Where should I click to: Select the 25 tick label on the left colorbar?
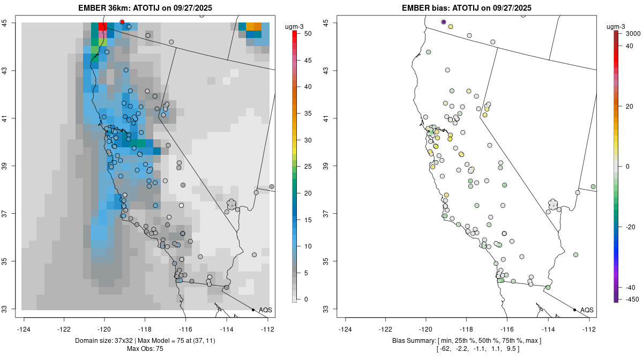tap(304, 166)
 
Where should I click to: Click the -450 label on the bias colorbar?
tap(626, 299)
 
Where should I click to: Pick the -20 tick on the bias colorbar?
tap(626, 227)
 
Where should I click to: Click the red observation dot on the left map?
tap(122, 22)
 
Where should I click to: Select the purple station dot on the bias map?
tap(444, 22)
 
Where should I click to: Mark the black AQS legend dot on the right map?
tap(574, 310)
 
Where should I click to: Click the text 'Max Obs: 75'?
tap(145, 349)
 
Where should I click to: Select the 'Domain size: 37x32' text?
tap(99, 341)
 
